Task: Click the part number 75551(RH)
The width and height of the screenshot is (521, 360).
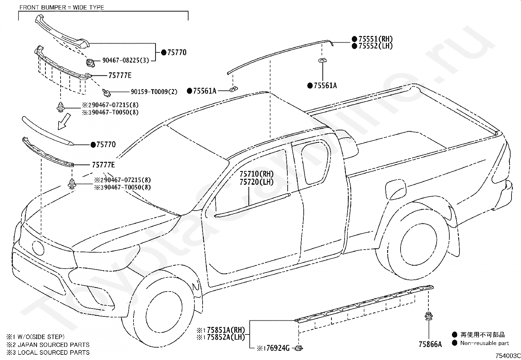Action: click(375, 39)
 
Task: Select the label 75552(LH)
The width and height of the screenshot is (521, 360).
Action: click(375, 46)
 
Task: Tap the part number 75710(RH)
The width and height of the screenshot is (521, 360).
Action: click(257, 174)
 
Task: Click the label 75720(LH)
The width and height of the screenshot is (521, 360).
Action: click(257, 182)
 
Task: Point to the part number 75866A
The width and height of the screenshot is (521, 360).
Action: click(430, 344)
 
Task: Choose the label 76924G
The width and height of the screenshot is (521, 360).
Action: click(278, 348)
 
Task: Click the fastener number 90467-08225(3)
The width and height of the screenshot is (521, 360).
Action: click(126, 60)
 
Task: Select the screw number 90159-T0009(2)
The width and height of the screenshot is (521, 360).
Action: click(154, 92)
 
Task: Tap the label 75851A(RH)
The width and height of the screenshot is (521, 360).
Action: click(226, 330)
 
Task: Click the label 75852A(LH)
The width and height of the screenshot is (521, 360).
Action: click(226, 337)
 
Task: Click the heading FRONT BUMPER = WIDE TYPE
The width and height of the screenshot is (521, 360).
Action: click(62, 8)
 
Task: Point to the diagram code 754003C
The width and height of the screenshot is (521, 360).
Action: click(508, 356)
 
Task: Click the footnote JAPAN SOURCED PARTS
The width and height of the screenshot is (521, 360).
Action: click(53, 345)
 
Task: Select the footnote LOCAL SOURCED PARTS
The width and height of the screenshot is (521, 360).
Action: click(53, 352)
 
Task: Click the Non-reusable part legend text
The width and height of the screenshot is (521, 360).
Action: click(484, 343)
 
